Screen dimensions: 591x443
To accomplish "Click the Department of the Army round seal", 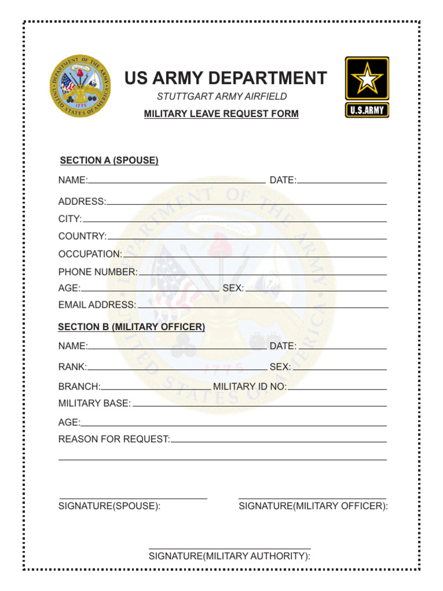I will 80,86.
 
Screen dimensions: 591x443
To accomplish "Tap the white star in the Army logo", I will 367,79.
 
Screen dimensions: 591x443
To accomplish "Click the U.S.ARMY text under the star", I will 367,110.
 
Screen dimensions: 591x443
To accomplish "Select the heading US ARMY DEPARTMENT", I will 226,78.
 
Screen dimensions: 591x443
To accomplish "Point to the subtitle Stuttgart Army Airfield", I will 221,96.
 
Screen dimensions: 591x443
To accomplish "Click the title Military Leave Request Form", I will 221,114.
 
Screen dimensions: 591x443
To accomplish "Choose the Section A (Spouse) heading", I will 109,160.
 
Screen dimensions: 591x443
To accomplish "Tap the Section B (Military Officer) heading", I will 132,327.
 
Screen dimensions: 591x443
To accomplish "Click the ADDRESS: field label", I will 82,201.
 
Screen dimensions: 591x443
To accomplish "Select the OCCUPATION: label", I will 90,254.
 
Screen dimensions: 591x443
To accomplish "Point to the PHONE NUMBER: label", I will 97,272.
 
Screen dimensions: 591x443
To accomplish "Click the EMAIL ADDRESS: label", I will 97,305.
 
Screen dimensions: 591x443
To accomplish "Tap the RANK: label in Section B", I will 73,366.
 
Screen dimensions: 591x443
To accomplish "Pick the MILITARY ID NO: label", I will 250,386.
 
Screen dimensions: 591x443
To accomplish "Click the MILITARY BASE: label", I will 95,403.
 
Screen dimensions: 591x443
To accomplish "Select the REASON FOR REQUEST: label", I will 114,439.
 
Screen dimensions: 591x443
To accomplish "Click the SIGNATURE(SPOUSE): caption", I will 109,506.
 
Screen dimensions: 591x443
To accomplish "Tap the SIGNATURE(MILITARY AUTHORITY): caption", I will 230,556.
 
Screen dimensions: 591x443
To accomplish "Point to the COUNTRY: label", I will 82,236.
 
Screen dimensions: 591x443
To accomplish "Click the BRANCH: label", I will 80,386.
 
